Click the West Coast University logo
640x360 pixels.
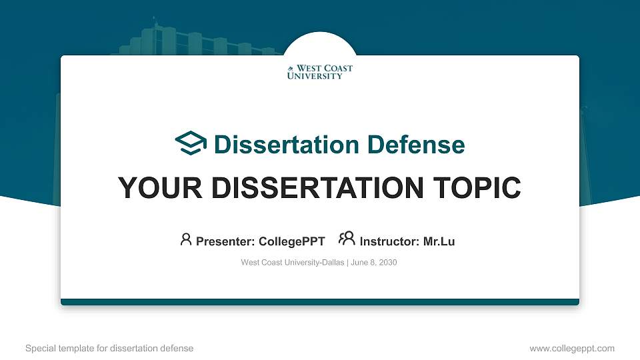[x=320, y=72]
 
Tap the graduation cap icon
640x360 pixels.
[x=191, y=144]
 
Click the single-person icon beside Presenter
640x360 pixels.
[x=186, y=239]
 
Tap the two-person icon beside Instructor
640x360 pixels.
[x=347, y=239]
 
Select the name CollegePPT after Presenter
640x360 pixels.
[x=291, y=241]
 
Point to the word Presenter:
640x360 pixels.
[x=225, y=241]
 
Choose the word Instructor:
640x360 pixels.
[x=389, y=241]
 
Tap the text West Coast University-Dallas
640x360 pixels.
[x=292, y=263]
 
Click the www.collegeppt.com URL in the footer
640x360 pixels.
[x=571, y=348]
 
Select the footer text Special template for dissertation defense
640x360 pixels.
[x=109, y=348]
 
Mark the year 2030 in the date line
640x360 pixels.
[x=387, y=263]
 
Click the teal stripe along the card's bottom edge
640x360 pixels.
[x=320, y=302]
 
